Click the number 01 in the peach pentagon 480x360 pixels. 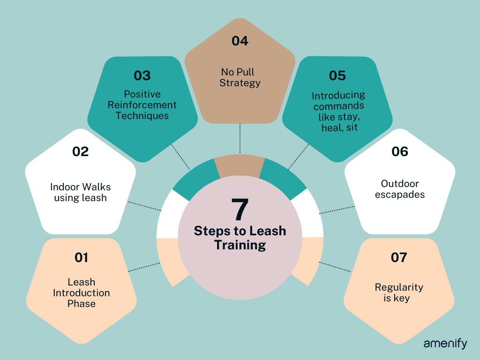tap(81, 257)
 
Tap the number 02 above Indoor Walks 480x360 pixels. tap(81, 151)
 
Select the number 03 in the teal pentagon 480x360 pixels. tap(142, 75)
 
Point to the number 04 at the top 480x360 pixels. tap(240, 41)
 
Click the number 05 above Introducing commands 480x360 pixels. tap(337, 75)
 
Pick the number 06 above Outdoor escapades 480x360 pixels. tap(400, 151)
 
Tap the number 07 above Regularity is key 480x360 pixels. tap(399, 257)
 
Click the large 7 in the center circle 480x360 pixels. tap(240, 209)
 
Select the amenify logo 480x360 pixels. tap(445, 344)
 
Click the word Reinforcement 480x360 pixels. tap(142, 105)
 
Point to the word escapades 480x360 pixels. tap(400, 194)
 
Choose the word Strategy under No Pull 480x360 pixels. tap(240, 83)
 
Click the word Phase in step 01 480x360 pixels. tap(81, 304)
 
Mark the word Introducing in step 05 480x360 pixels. tap(338, 96)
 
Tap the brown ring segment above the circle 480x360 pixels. tap(240, 165)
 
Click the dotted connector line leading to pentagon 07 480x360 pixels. tap(335, 266)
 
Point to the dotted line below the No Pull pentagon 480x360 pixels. tap(240, 139)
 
